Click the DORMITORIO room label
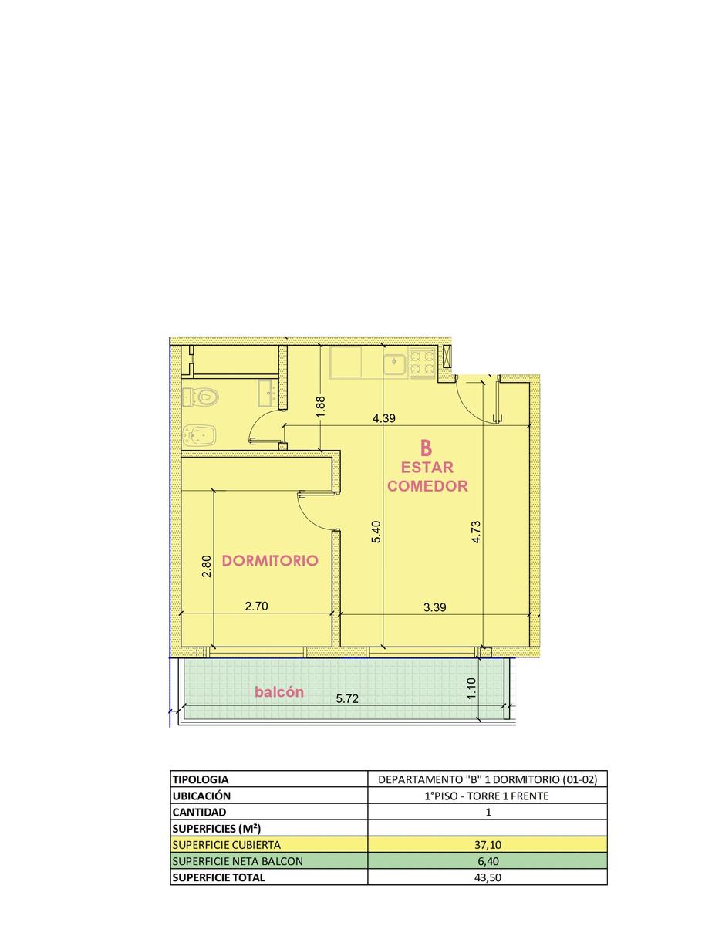(x=270, y=560)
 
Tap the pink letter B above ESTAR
(x=426, y=448)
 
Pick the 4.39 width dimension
(x=384, y=418)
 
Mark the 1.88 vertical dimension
(x=321, y=407)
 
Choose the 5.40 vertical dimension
(x=376, y=532)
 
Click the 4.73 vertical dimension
(x=476, y=532)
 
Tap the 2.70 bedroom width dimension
(x=256, y=606)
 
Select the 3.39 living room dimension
(x=434, y=607)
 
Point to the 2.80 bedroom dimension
(x=207, y=566)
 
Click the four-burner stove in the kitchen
(x=422, y=362)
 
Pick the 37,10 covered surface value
(x=488, y=844)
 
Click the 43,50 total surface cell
(x=488, y=877)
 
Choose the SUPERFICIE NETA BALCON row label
(x=238, y=861)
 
